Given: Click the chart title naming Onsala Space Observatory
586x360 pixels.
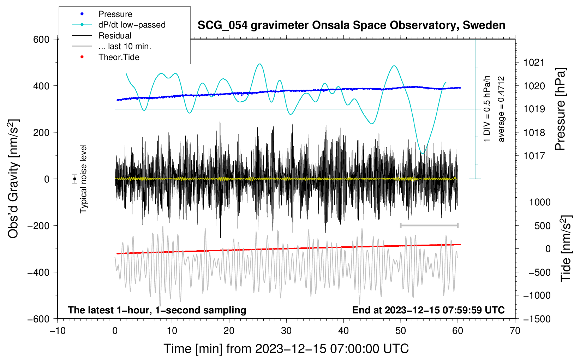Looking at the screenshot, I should (x=351, y=25).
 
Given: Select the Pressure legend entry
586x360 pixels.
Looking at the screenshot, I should (x=115, y=14).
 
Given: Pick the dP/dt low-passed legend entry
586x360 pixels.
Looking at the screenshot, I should (x=132, y=25).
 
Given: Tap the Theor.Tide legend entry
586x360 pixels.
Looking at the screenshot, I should (x=119, y=57).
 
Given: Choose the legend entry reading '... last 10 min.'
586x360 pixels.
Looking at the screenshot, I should (x=125, y=46).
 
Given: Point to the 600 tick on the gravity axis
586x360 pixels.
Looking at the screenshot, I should (x=41, y=40).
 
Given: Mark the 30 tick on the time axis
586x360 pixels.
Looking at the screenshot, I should (x=286, y=331).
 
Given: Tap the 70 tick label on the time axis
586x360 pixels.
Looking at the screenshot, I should (x=515, y=331).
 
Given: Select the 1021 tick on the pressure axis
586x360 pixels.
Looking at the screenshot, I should (x=534, y=63).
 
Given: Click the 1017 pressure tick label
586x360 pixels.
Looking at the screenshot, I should (x=534, y=156).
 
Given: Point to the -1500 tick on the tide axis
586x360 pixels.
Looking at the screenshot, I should (x=537, y=319).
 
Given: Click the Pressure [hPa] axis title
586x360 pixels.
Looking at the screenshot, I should (x=561, y=109).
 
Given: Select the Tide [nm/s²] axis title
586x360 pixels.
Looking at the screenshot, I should (x=566, y=249).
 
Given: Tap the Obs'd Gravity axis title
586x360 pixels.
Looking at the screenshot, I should (x=13, y=179).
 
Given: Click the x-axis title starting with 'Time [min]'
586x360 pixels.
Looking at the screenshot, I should (x=286, y=349).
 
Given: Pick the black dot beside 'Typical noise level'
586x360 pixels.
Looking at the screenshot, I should (x=74, y=179).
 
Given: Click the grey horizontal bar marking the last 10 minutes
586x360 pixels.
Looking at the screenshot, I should (x=429, y=225).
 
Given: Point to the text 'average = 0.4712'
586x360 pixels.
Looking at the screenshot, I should (x=501, y=109).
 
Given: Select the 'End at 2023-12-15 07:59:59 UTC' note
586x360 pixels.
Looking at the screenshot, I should (x=428, y=310).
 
